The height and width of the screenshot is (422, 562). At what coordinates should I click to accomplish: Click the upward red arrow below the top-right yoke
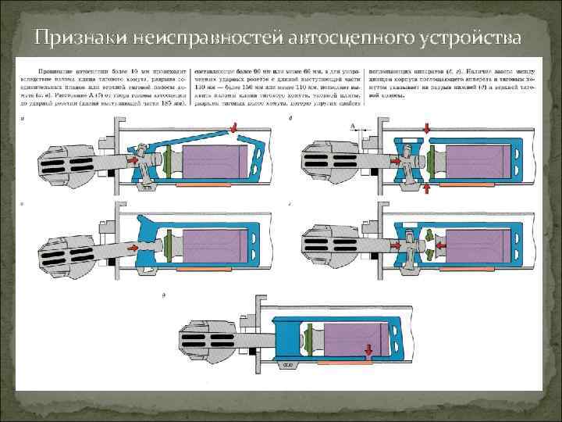[426, 188]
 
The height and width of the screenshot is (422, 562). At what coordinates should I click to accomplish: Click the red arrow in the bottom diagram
[364, 350]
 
